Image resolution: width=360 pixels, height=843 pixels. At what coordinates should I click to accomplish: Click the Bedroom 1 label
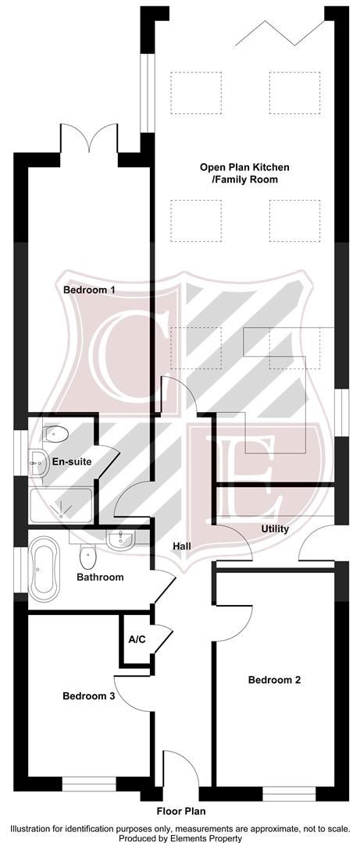[x=89, y=290]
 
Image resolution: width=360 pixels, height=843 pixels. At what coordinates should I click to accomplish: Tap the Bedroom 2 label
[x=274, y=680]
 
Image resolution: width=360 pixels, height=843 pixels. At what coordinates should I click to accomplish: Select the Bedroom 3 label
[x=89, y=695]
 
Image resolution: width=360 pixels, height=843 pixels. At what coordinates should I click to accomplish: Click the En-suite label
[x=72, y=461]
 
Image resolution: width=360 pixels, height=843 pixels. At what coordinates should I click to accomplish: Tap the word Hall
[x=184, y=546]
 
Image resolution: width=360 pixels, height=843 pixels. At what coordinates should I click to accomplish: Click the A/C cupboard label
[x=137, y=639]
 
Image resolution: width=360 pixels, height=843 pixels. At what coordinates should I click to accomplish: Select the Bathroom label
[x=100, y=578]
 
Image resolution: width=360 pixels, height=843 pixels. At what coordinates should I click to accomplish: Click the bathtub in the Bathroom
[x=44, y=567]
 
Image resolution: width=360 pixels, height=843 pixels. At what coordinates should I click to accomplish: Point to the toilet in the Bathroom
[x=88, y=557]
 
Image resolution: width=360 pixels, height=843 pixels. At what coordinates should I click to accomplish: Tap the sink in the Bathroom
[x=119, y=539]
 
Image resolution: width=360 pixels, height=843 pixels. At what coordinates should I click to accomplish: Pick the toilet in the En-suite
[x=57, y=434]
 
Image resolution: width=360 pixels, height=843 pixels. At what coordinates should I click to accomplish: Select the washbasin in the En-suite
[x=37, y=462]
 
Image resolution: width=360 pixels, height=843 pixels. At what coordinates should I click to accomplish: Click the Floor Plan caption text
[x=180, y=811]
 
